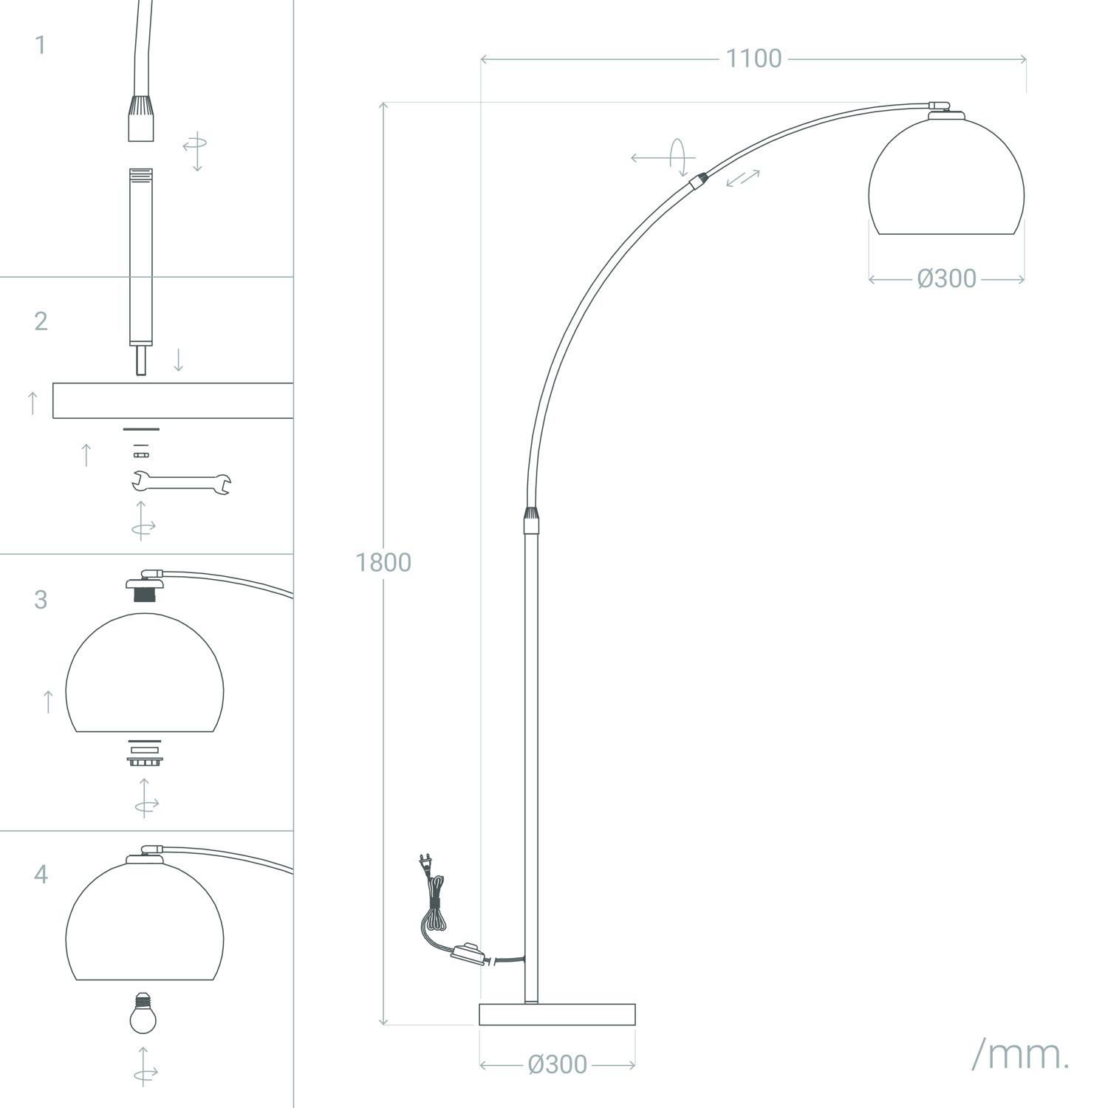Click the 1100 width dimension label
pos(753,58)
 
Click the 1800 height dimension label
pos(383,562)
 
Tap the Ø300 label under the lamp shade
pos(947,278)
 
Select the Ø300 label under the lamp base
pos(558,1064)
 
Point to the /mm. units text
pos(1020,1055)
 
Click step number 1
pos(40,45)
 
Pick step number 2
pos(41,321)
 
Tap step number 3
pos(41,599)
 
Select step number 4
pos(41,874)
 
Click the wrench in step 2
pos(181,482)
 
